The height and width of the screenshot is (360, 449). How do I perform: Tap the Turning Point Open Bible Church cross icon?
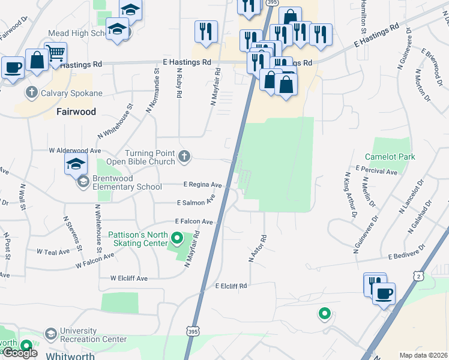[x=184, y=157]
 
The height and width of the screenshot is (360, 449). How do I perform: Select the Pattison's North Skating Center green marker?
[x=176, y=239]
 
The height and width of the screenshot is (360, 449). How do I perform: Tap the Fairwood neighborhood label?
[x=75, y=112]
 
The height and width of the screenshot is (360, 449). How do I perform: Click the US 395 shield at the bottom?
[x=190, y=347]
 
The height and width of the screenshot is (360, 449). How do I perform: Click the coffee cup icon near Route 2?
[x=384, y=293]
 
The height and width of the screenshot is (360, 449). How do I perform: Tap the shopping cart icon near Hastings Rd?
[x=56, y=53]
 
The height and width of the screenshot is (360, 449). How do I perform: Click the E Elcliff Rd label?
[x=231, y=286]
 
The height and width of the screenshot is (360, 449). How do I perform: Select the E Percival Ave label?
[x=376, y=171]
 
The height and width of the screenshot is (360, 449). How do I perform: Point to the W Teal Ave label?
[x=53, y=252]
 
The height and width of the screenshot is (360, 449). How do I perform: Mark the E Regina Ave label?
[x=202, y=185]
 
